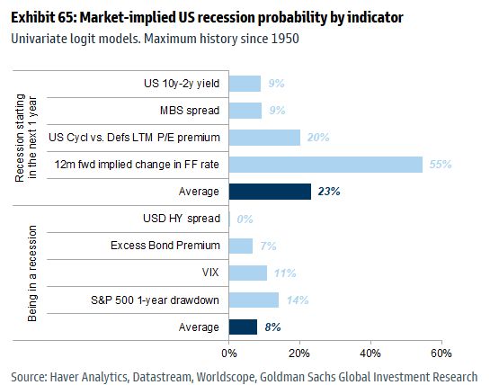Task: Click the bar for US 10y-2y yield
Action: (x=245, y=84)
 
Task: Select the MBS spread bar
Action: (x=245, y=111)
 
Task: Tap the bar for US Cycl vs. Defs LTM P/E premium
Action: (x=264, y=138)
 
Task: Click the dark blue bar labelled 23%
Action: (x=270, y=192)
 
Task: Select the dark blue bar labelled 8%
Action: (x=243, y=327)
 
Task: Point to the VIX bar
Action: (x=248, y=273)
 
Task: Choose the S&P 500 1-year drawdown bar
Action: (x=254, y=300)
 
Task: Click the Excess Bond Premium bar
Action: (x=241, y=246)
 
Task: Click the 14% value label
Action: (x=297, y=300)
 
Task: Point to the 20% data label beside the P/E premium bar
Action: (x=316, y=138)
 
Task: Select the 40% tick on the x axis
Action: (x=370, y=353)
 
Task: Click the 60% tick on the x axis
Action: (x=441, y=353)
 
